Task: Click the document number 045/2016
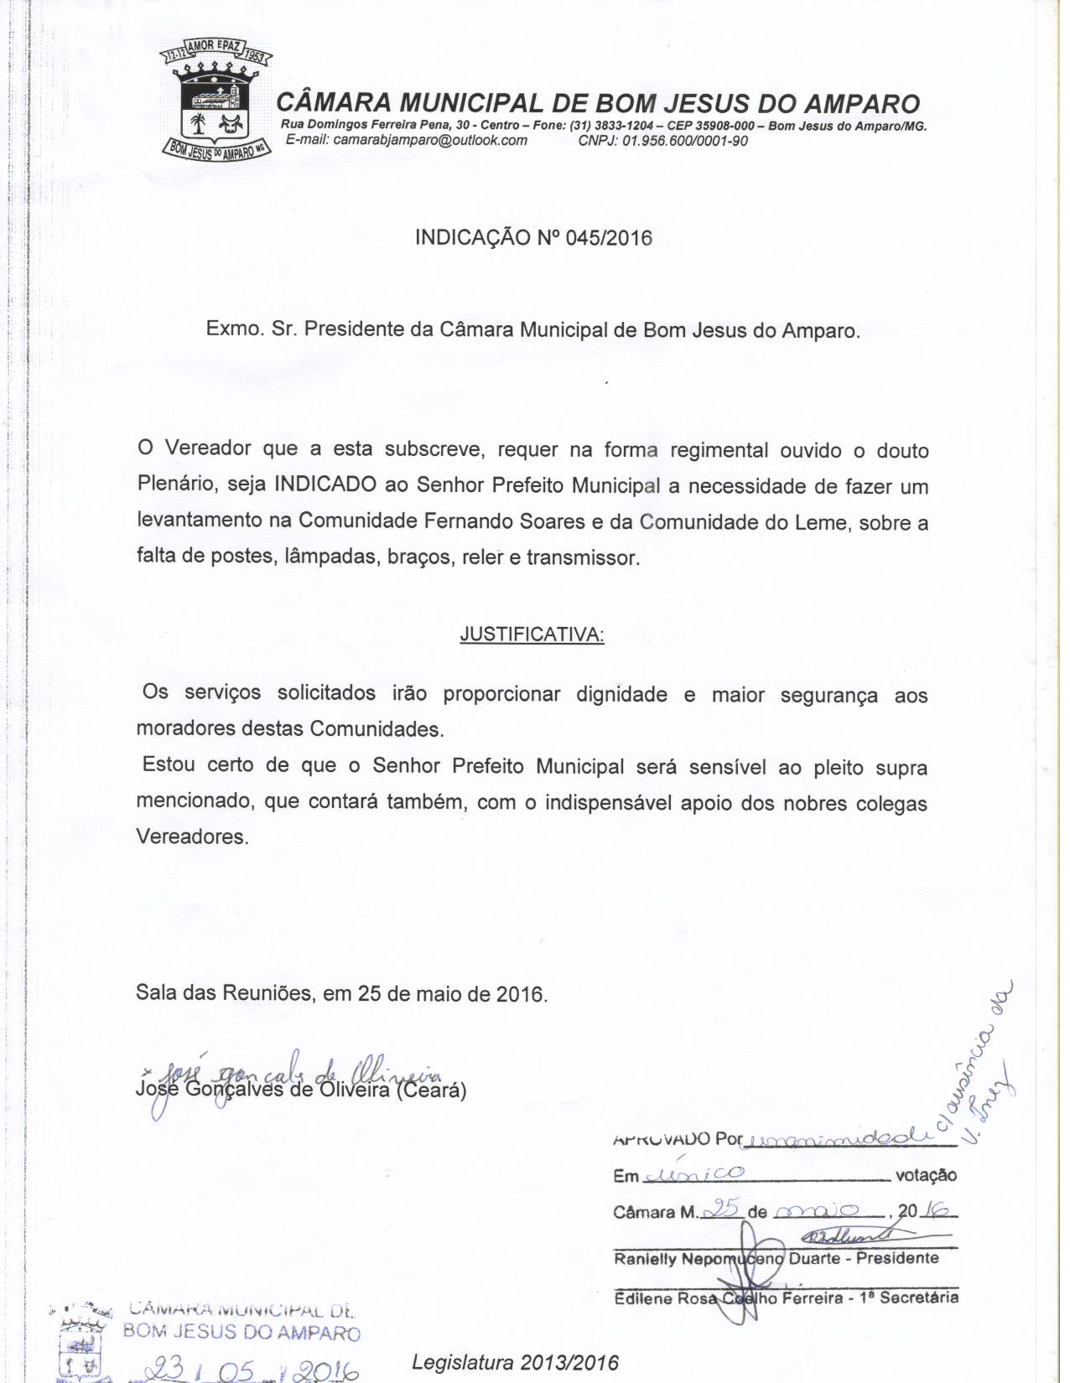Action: pos(609,238)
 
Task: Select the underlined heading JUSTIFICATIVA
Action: pos(532,635)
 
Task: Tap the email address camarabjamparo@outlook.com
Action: pos(407,140)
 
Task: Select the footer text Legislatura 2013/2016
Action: pos(515,1362)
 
